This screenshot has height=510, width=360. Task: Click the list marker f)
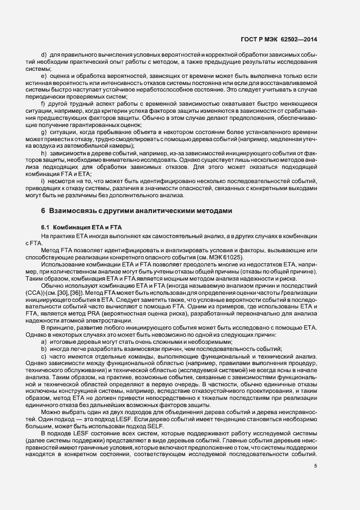43,103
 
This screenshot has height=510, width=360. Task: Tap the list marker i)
42,181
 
